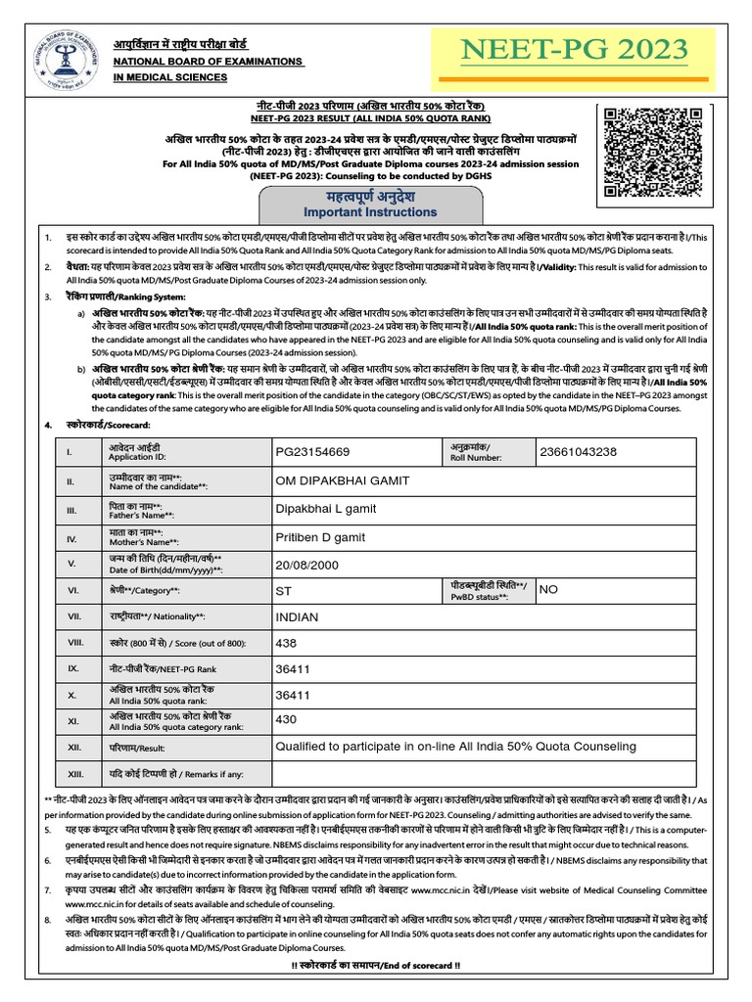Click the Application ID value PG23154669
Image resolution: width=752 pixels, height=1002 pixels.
(313, 452)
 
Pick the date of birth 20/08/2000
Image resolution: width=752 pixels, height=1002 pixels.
(306, 564)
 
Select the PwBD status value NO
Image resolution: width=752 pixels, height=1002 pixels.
(548, 590)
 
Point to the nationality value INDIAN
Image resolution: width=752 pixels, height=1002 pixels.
(299, 617)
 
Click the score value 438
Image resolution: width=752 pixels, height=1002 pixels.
(287, 644)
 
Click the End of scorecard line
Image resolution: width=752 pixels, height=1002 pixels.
(376, 965)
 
